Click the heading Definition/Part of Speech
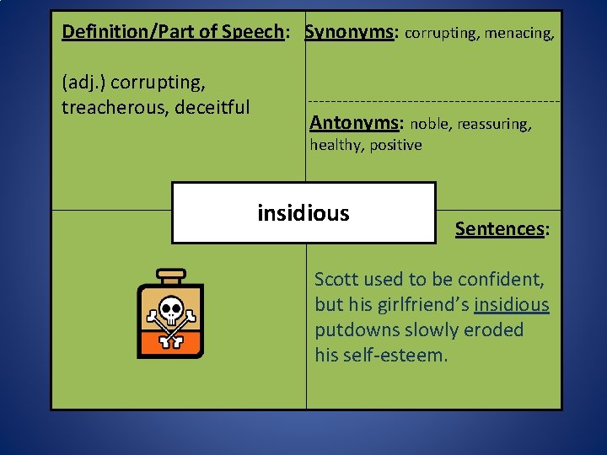point(173,32)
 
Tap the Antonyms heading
point(354,123)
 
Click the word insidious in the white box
point(303,213)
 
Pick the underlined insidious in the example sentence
point(512,304)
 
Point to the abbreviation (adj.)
point(83,83)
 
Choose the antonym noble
point(430,125)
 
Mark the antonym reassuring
point(495,125)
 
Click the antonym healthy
point(335,145)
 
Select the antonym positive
point(395,145)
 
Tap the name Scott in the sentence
point(335,279)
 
